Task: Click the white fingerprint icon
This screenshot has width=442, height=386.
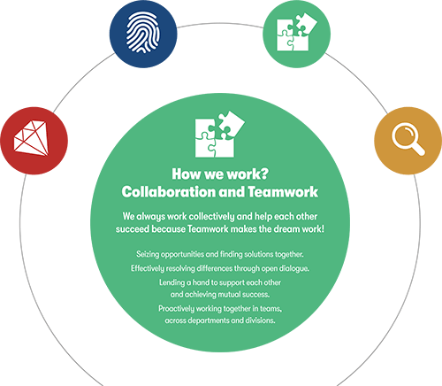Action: [143, 33]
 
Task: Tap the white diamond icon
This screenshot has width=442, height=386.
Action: [31, 137]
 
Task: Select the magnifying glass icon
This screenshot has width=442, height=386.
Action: [408, 139]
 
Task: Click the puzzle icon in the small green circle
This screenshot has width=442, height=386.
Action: [296, 32]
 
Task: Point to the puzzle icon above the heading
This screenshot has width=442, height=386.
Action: [220, 135]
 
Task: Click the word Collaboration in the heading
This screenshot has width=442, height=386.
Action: [169, 192]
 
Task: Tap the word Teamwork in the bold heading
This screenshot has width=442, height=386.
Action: [283, 192]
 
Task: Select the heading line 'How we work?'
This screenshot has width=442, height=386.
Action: [220, 174]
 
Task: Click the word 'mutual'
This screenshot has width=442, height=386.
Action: [232, 294]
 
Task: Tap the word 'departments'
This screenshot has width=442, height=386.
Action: [209, 320]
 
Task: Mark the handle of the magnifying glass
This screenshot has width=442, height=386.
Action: [418, 149]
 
